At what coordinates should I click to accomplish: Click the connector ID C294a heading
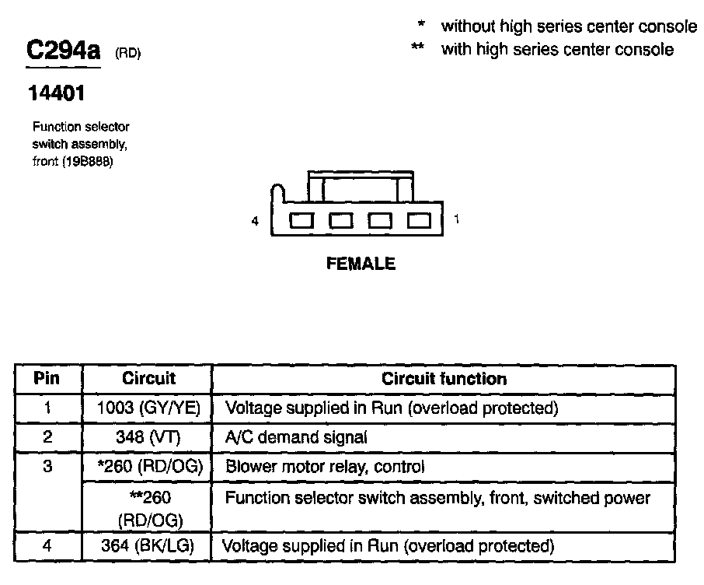pos(64,51)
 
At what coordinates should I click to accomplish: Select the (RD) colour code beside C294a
pos(128,54)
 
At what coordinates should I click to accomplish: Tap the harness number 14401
pos(57,93)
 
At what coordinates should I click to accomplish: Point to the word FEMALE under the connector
pos(361,264)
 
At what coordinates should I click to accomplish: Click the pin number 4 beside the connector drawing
pos(255,222)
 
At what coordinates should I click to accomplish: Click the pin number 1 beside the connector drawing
pos(457,220)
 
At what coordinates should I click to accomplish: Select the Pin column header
pos(47,379)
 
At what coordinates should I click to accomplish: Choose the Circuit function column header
pos(444,379)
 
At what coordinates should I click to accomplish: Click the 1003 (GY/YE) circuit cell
pos(148,408)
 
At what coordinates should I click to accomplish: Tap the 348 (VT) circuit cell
pos(148,437)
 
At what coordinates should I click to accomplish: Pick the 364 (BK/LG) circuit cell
pos(148,545)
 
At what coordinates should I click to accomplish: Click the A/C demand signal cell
pos(296,437)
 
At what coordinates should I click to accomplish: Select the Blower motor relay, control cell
pos(325,467)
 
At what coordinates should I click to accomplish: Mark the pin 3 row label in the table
pos(47,467)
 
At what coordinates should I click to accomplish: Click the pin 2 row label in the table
pos(47,437)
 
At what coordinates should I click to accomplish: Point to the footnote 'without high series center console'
pos(569,26)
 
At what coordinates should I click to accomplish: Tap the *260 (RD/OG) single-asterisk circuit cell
pos(148,467)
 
